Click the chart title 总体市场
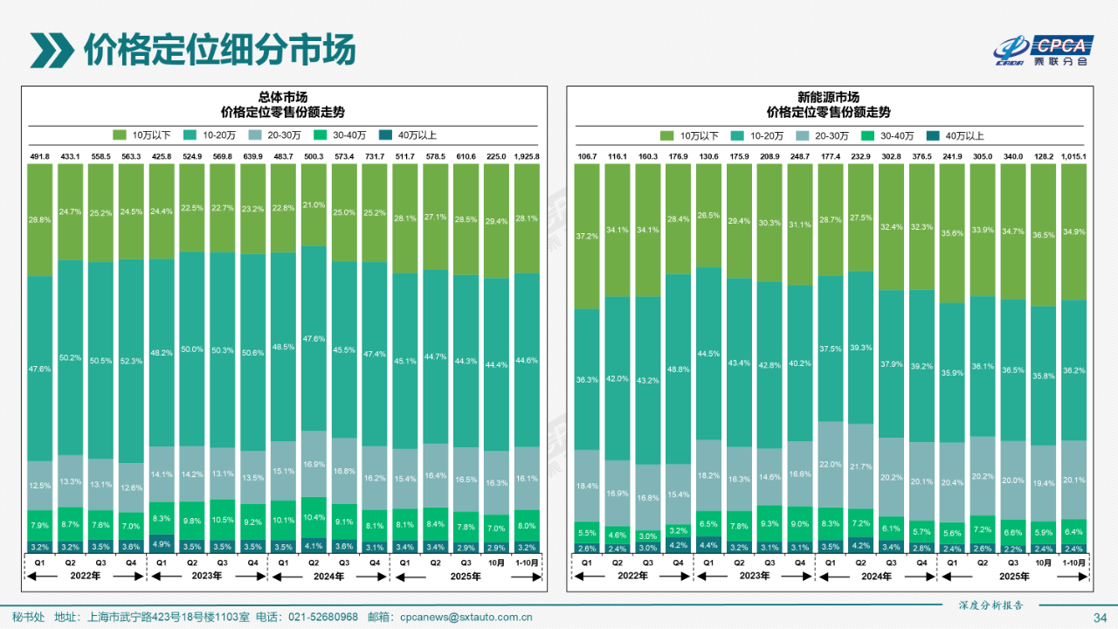[x=283, y=97]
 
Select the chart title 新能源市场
[x=828, y=97]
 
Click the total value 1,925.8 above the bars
[x=527, y=156]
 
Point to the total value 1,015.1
[x=1073, y=156]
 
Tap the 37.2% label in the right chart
[x=587, y=237]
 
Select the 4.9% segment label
[x=162, y=543]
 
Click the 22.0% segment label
[x=830, y=465]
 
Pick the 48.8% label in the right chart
[x=678, y=370]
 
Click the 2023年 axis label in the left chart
[x=207, y=576]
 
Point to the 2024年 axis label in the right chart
[x=875, y=576]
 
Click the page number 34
[x=1100, y=618]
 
